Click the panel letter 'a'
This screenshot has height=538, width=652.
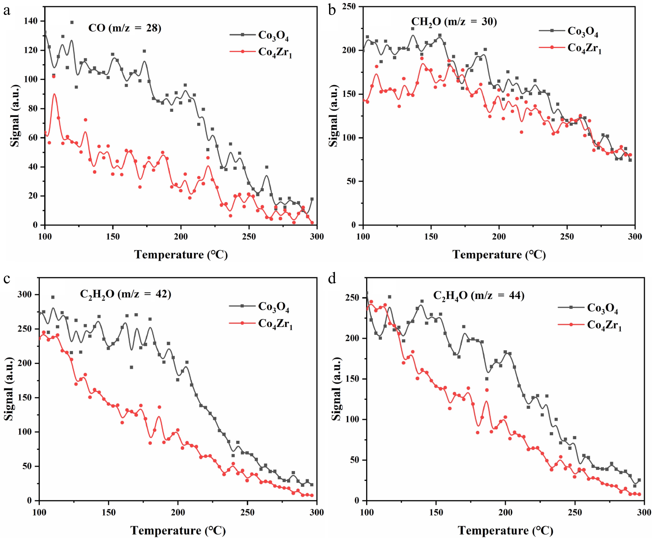[x=7, y=11]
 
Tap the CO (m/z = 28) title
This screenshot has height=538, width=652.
[x=125, y=28]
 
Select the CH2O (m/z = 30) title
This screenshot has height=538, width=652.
[x=454, y=22]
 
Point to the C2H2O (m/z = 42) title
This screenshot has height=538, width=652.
[x=125, y=294]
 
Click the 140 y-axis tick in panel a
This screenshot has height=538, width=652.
[x=30, y=21]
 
